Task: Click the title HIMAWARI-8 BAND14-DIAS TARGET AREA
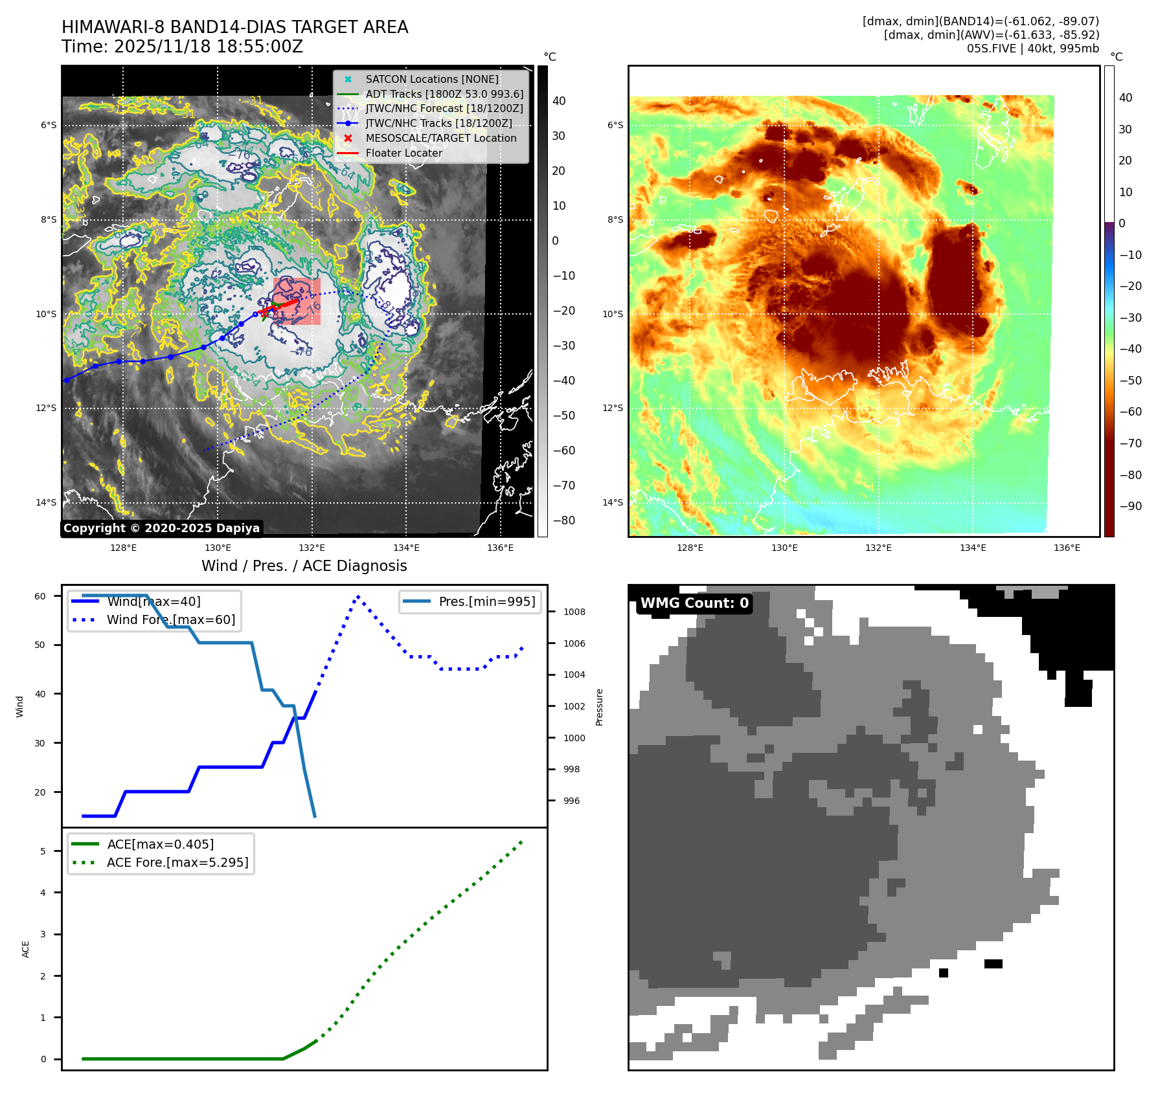point(234,27)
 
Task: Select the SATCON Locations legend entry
point(431,79)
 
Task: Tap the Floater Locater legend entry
point(403,153)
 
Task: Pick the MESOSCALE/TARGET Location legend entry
point(440,139)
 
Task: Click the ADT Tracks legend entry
point(444,94)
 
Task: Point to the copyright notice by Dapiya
point(161,528)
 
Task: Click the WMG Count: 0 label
point(694,603)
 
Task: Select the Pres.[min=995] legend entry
point(486,601)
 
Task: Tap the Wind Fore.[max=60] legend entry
point(170,620)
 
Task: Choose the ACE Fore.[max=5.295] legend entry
point(177,862)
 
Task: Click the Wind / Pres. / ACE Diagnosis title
point(304,566)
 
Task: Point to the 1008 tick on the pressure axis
point(574,612)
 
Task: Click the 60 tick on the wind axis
point(40,596)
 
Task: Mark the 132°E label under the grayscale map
point(312,548)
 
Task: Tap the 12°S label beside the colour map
point(613,408)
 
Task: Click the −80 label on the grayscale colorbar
point(563,520)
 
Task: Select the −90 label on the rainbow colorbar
point(1131,506)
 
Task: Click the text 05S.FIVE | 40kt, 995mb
point(1032,49)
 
